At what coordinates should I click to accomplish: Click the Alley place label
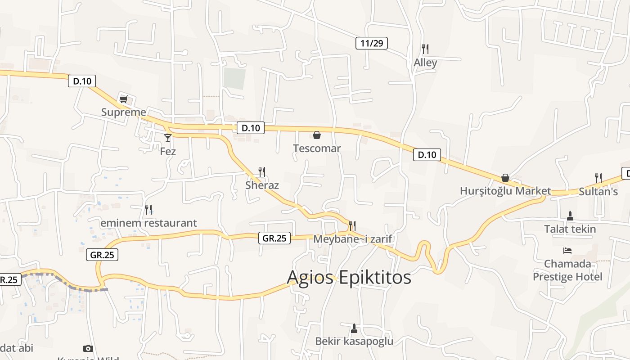(425, 63)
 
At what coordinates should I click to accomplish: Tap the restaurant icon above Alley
(425, 49)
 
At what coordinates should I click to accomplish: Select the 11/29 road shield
(371, 43)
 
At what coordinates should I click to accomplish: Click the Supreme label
(124, 112)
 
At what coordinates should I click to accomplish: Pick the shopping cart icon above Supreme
(123, 99)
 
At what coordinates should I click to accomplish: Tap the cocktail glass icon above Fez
(168, 138)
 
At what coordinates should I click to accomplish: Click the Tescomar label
(317, 148)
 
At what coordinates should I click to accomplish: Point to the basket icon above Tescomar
(317, 135)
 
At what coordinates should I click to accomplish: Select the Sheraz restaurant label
(262, 185)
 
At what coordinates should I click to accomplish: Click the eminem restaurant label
(148, 223)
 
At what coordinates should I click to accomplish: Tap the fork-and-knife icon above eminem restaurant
(148, 209)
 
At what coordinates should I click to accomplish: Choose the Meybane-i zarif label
(353, 239)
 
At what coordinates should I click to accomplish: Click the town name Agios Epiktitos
(349, 277)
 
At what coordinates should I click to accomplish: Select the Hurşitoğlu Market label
(505, 191)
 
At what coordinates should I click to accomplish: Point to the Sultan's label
(598, 191)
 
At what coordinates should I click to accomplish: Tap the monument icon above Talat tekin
(570, 216)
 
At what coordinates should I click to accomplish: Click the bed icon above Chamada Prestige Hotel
(567, 250)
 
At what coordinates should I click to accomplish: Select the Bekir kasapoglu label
(354, 341)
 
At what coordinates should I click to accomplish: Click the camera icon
(88, 348)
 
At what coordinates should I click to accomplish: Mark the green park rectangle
(235, 78)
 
